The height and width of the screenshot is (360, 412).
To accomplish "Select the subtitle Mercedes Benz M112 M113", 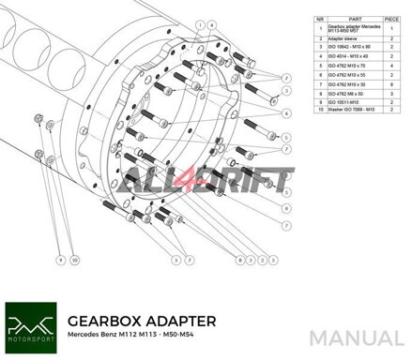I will [114, 334].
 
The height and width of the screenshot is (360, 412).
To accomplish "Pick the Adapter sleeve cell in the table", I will [343, 39].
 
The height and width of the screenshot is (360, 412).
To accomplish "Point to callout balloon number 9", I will [59, 256].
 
